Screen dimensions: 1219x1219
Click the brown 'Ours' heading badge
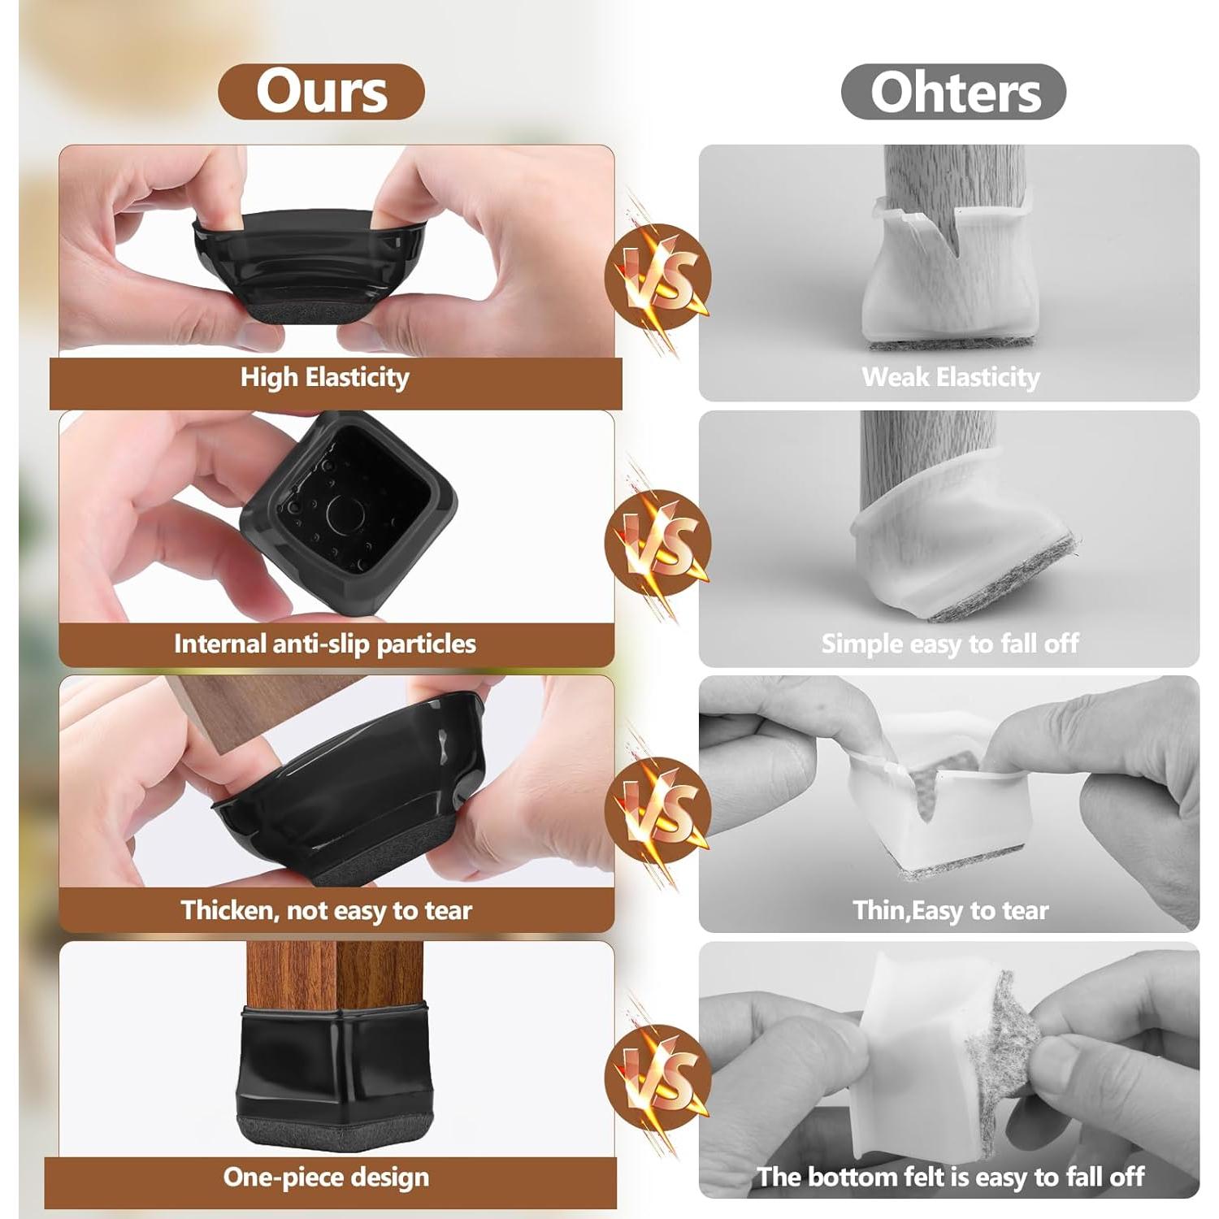coord(321,92)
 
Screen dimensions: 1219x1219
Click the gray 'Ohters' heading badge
coord(953,92)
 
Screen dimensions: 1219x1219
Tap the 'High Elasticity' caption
coord(324,377)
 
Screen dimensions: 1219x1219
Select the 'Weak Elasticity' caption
coord(950,377)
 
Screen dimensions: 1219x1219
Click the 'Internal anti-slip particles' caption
coord(324,644)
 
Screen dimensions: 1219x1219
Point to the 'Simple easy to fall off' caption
coord(949,644)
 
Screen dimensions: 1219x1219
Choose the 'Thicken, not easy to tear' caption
coord(326,910)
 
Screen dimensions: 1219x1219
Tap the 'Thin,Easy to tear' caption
coord(950,910)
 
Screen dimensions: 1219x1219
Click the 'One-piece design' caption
coord(326,1177)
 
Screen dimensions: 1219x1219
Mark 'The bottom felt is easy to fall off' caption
coord(950,1177)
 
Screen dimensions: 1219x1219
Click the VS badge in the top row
coord(657,276)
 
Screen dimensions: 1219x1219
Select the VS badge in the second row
coord(657,543)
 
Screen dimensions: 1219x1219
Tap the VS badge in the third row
coord(657,809)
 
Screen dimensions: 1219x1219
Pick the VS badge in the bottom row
coord(657,1078)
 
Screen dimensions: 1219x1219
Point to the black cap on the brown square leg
coord(334,1073)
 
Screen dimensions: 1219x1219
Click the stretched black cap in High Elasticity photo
coord(309,260)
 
